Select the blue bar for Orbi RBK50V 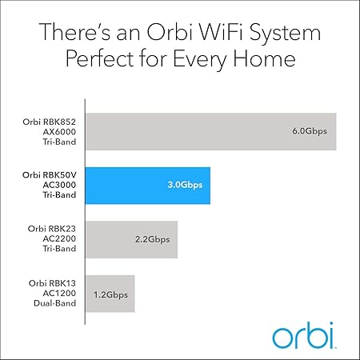click(147, 185)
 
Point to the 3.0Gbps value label click(186, 185)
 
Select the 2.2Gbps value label click(154, 239)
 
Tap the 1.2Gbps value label click(110, 294)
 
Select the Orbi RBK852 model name click(49, 121)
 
